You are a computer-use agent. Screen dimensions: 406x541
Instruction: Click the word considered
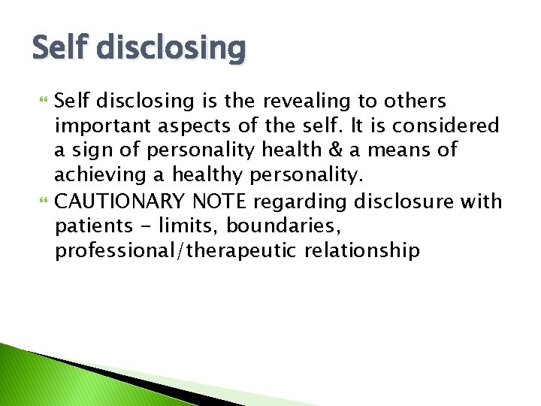coord(452,126)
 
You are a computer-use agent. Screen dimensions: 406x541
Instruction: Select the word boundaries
coord(292,225)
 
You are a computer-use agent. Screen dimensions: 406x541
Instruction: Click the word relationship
coord(362,250)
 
